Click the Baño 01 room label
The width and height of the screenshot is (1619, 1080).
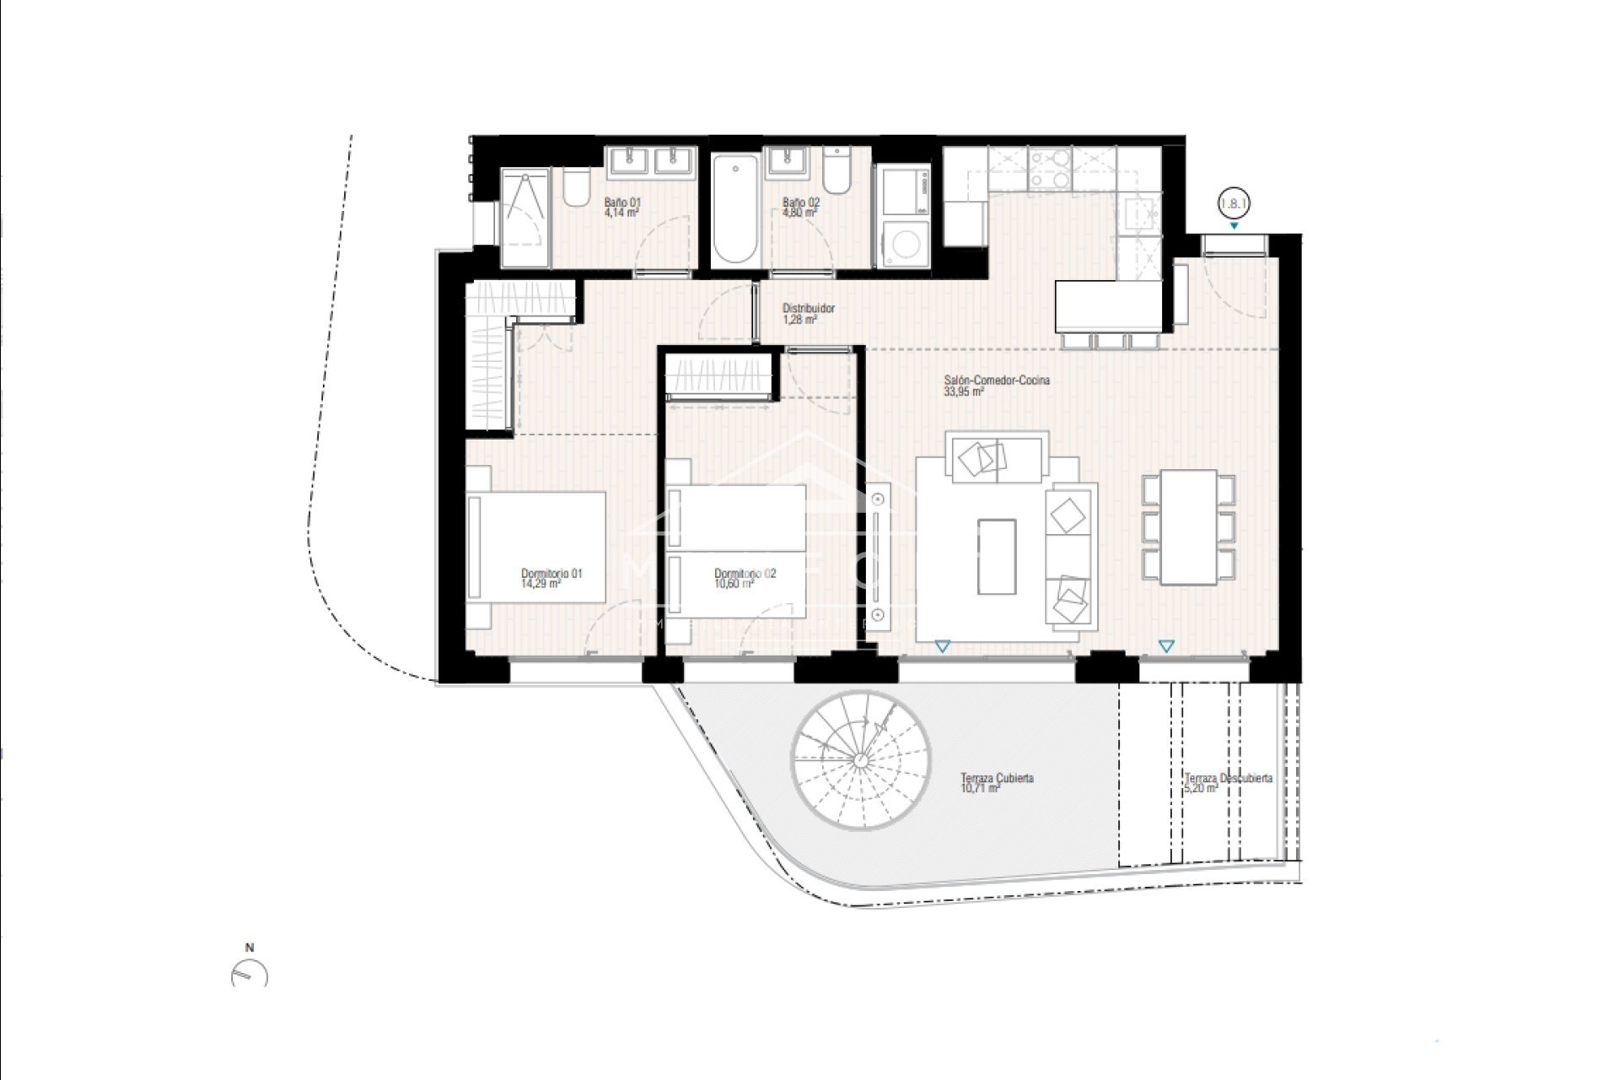tap(622, 202)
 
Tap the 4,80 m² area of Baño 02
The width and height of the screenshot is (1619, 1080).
tap(799, 213)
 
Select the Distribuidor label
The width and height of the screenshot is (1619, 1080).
tap(808, 309)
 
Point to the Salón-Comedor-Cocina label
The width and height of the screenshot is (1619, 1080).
tap(996, 381)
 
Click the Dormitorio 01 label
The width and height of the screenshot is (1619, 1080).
tap(551, 574)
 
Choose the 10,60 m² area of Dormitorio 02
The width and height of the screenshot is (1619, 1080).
tap(734, 583)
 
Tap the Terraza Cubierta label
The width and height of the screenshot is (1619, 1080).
tap(997, 778)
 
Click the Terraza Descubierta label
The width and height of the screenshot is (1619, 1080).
tap(1228, 778)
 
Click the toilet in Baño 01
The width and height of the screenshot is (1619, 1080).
tap(577, 190)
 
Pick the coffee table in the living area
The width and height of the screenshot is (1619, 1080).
tap(997, 556)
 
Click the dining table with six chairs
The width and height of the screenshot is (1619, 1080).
tap(1188, 527)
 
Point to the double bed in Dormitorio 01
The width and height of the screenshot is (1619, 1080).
tap(537, 547)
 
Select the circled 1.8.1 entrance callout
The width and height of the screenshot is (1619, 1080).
tap(1234, 203)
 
